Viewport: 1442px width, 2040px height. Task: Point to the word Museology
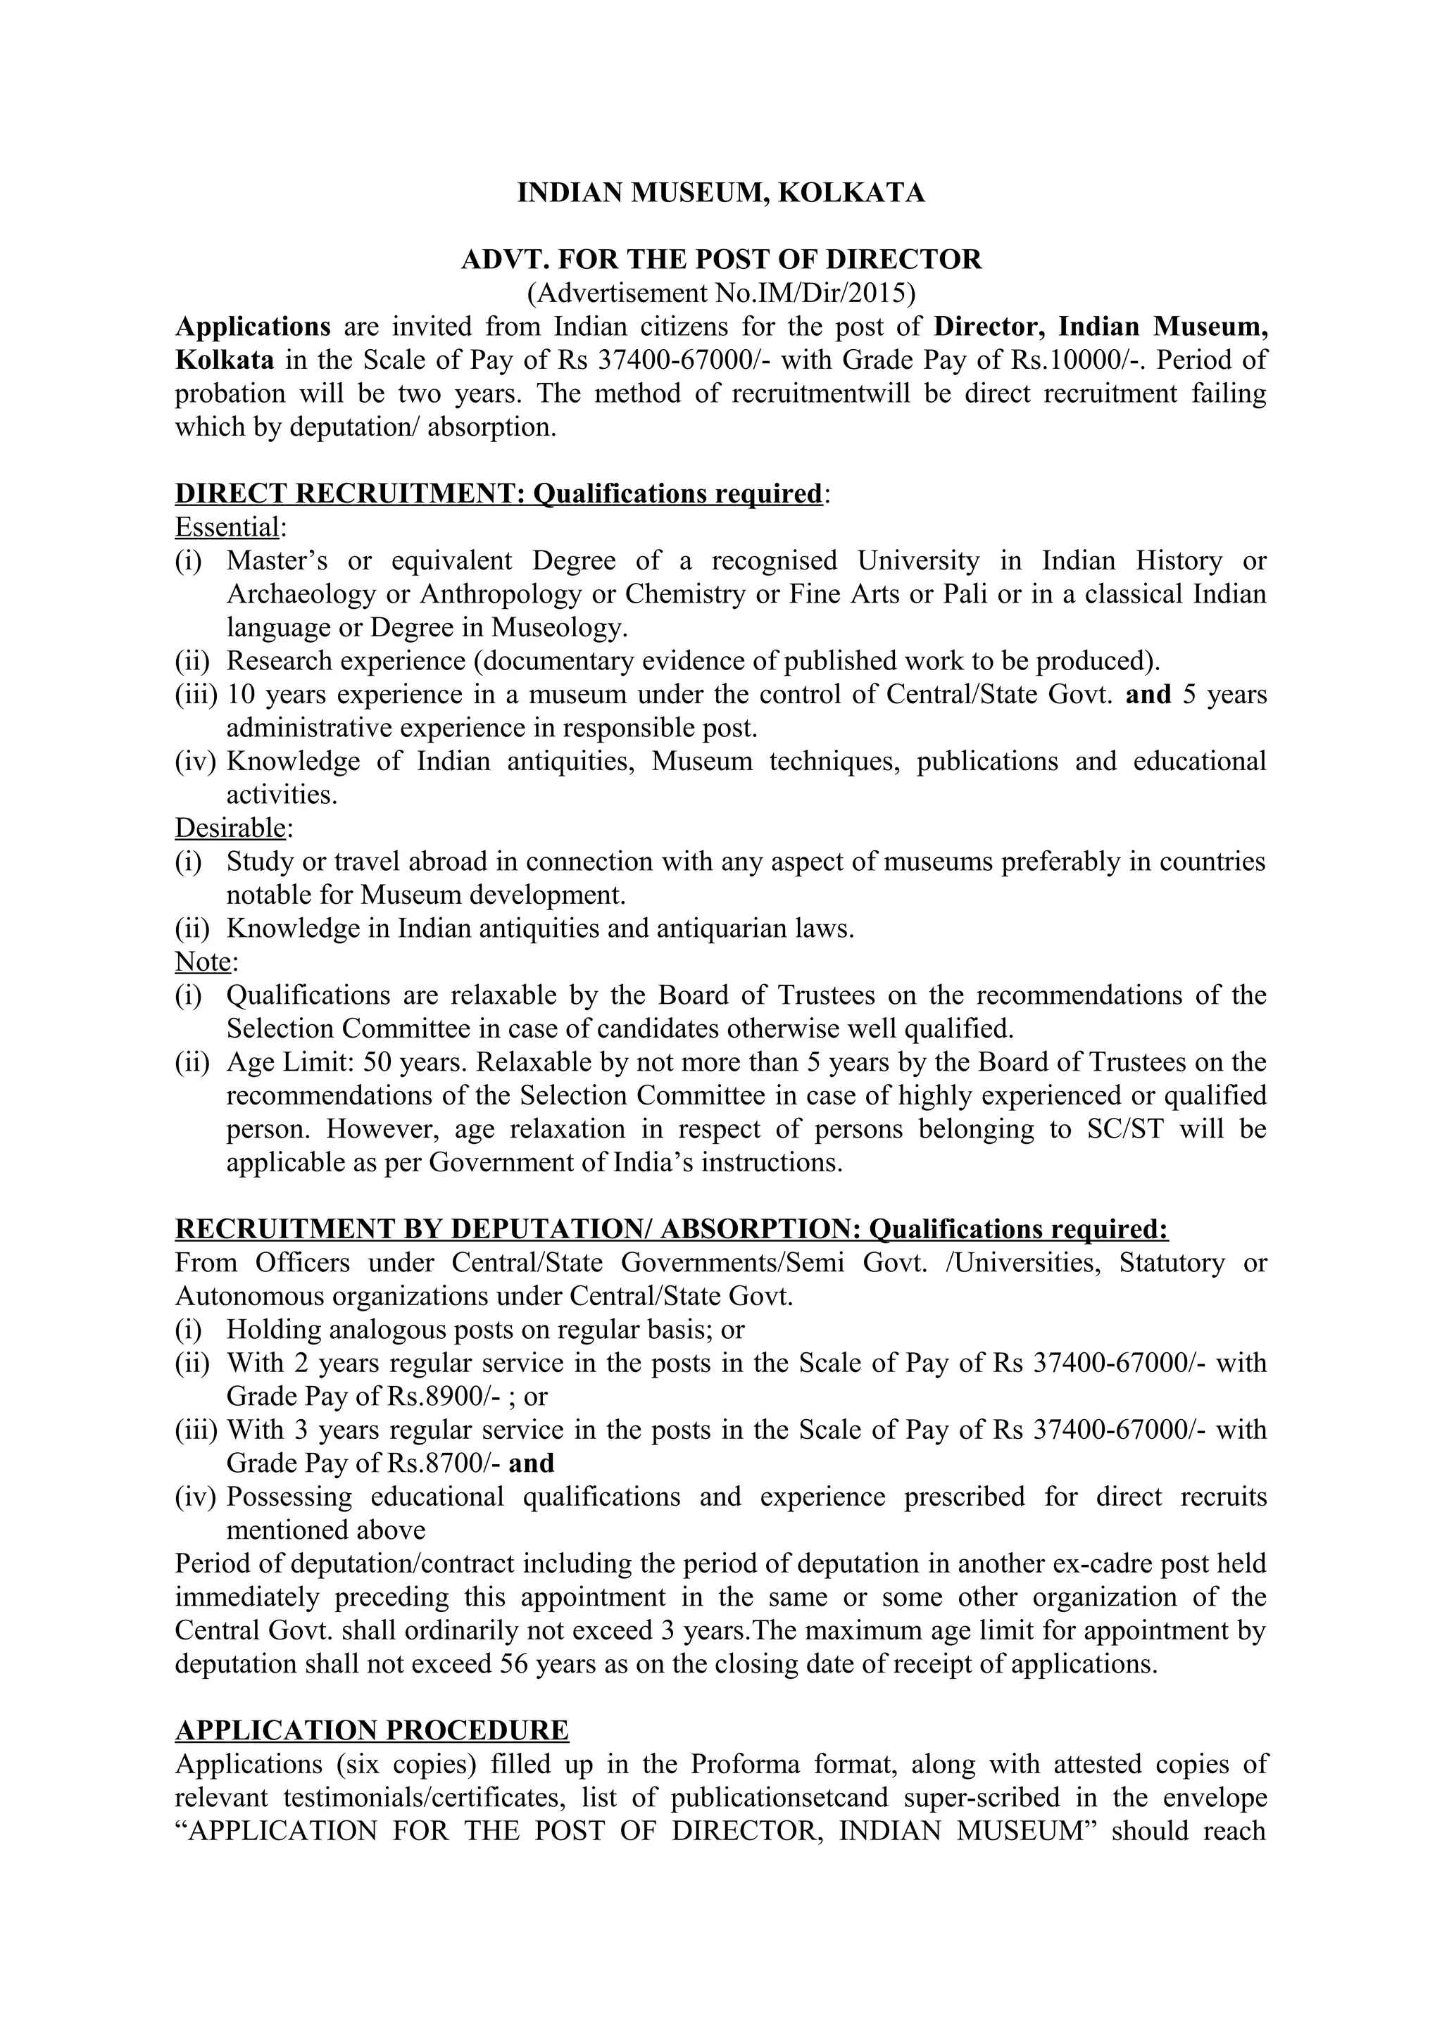tap(559, 627)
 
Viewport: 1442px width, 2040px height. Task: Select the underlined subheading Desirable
tap(230, 827)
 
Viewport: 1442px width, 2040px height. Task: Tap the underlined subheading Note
tap(203, 962)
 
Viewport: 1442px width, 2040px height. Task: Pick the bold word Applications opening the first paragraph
tap(253, 327)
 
